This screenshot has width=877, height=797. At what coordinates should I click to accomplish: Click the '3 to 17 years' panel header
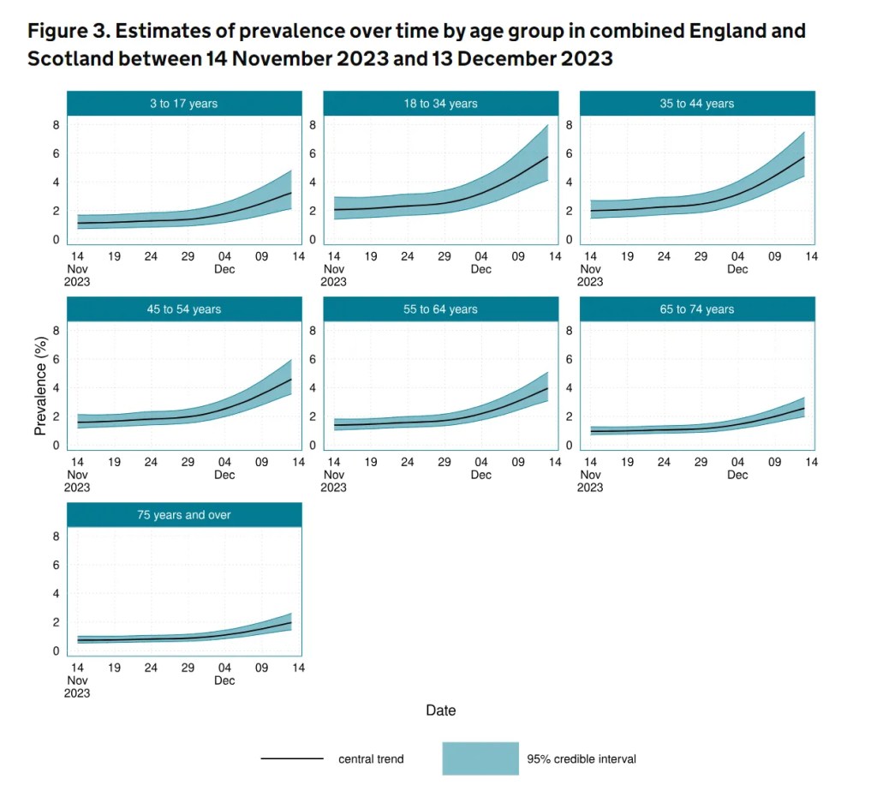tap(184, 104)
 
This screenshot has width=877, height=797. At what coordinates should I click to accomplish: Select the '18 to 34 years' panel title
tap(440, 104)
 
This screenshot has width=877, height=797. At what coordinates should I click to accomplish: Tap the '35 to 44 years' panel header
tap(697, 104)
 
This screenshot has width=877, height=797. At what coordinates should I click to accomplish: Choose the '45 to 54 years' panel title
tap(184, 309)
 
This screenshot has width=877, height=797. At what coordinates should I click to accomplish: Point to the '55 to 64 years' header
tap(440, 309)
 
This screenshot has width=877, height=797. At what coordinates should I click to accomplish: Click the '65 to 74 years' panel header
tap(697, 309)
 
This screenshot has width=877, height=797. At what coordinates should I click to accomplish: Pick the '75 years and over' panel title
tap(184, 515)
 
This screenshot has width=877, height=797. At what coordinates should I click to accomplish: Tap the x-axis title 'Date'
tap(441, 710)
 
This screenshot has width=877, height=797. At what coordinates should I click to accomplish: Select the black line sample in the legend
tap(291, 758)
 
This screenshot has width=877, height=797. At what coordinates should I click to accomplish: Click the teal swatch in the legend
tap(480, 758)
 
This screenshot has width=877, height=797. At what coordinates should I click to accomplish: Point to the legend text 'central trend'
tap(371, 758)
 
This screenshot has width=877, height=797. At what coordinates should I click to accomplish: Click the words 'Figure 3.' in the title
tap(68, 32)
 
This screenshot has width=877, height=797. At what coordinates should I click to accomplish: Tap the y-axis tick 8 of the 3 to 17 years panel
tap(56, 125)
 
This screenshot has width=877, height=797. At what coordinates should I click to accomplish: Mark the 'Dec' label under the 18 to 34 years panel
tap(480, 269)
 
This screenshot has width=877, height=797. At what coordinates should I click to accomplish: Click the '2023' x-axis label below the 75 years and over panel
tap(77, 692)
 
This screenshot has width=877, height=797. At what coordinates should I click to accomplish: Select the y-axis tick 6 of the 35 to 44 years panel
tap(570, 153)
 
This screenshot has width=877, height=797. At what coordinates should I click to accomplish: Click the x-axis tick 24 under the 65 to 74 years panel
tap(664, 462)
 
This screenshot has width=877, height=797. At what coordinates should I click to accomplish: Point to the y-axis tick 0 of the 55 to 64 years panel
tap(313, 446)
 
